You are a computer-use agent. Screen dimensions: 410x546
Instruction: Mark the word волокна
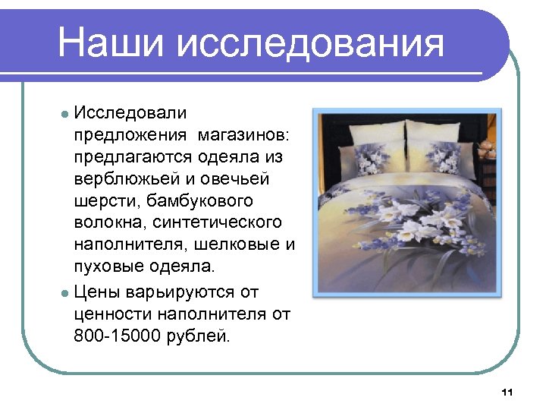[x=109, y=223]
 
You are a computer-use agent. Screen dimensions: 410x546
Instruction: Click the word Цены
[x=96, y=291]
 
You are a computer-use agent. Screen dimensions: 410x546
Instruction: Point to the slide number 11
[x=507, y=392]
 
